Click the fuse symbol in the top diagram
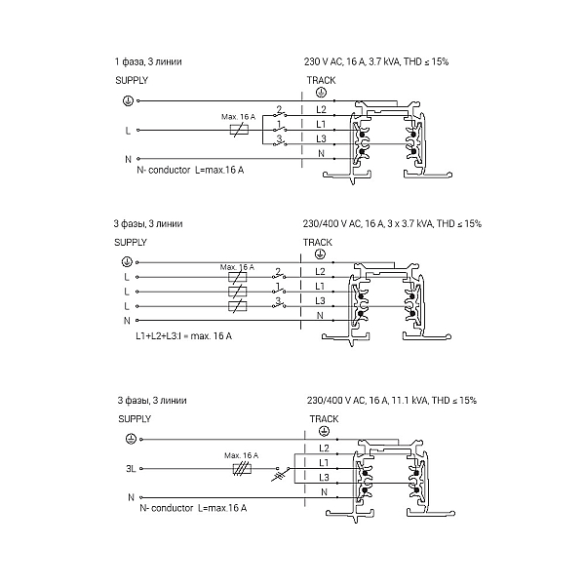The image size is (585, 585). click(239, 131)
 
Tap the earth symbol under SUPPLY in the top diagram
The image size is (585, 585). click(128, 100)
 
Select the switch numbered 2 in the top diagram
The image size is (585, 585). click(280, 113)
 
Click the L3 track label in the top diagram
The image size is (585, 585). click(321, 138)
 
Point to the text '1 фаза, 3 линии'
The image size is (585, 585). click(148, 61)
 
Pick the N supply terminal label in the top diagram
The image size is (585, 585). click(128, 159)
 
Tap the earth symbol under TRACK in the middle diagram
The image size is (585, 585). click(320, 254)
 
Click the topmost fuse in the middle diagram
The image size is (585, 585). click(237, 277)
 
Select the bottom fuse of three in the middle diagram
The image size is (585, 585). click(237, 306)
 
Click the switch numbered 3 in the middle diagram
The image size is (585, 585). click(279, 303)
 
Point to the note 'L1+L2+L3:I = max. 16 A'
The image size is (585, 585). click(183, 336)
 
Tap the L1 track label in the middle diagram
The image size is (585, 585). click(320, 286)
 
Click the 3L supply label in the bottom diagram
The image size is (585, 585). click(131, 469)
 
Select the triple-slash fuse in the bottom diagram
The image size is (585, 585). click(242, 469)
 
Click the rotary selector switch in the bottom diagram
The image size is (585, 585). click(282, 472)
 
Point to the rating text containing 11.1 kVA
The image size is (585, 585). click(392, 401)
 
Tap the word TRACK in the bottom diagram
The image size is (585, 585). click(324, 419)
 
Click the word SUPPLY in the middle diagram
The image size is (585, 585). click(131, 243)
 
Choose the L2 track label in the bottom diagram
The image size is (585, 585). click(324, 448)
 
